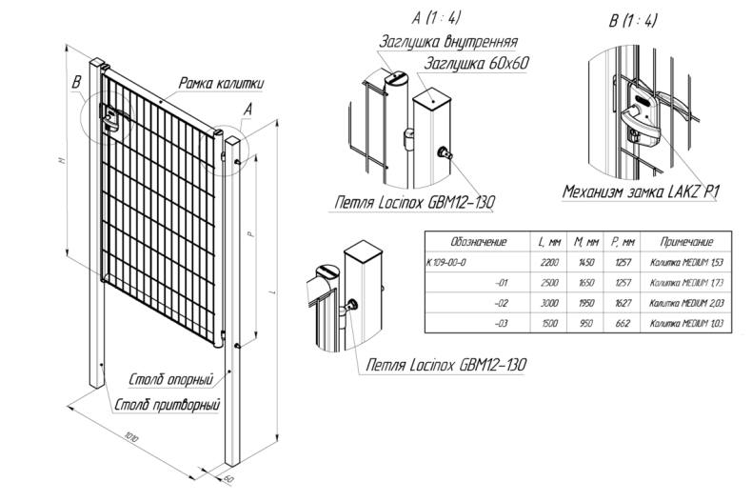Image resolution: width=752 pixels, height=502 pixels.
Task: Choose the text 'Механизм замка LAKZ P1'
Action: pyautogui.click(x=640, y=192)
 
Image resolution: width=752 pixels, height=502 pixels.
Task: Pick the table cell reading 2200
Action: pyautogui.click(x=549, y=262)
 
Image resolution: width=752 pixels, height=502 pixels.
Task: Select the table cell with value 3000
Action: pyautogui.click(x=549, y=303)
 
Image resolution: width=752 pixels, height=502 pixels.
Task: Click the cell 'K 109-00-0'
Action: pyautogui.click(x=448, y=262)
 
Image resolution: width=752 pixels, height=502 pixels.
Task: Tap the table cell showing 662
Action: pyautogui.click(x=624, y=324)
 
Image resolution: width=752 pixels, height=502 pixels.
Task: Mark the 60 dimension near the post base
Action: pyautogui.click(x=228, y=476)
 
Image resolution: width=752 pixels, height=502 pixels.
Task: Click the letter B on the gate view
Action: pyautogui.click(x=76, y=84)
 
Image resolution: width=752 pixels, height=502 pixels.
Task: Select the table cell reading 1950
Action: pyautogui.click(x=587, y=303)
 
